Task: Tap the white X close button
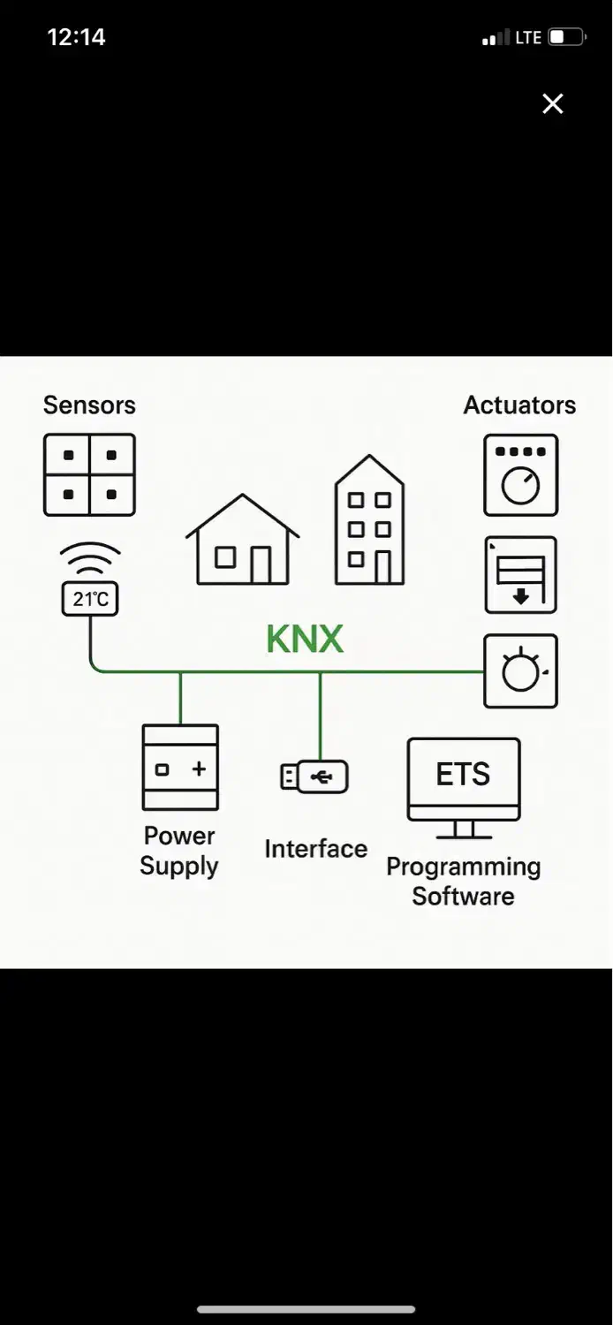553,104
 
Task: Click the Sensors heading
89,405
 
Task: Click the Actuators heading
519,405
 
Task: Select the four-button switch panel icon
89,474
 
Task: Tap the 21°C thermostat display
90,600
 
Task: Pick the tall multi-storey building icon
369,521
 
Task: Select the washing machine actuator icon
520,474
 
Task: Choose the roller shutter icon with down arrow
520,574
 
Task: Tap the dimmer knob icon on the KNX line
520,670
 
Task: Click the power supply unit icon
180,768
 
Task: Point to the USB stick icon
314,777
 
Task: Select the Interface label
315,849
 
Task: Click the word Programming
463,867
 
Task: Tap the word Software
463,896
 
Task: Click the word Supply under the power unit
179,866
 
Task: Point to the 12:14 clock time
76,37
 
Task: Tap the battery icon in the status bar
566,37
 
